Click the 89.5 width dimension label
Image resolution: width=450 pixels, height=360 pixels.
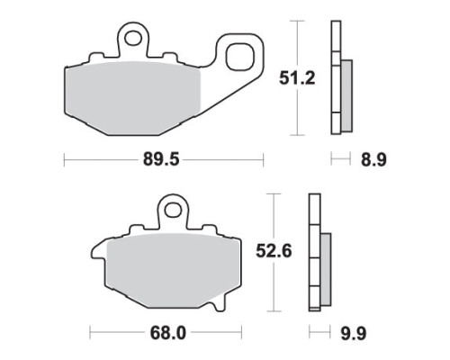click(161, 159)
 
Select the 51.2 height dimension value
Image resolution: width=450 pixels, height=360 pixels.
click(297, 78)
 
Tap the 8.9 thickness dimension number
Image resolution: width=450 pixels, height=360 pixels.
click(373, 160)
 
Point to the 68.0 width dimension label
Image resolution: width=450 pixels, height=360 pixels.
click(168, 333)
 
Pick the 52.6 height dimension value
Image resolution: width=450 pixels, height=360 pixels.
click(274, 251)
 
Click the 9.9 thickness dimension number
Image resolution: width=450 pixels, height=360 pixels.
click(354, 333)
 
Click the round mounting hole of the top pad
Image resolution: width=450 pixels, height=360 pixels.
click(133, 38)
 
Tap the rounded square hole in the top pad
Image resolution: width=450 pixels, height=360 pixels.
click(239, 57)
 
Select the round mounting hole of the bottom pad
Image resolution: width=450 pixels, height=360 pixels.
click(173, 210)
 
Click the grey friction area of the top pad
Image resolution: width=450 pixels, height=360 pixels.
click(132, 97)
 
